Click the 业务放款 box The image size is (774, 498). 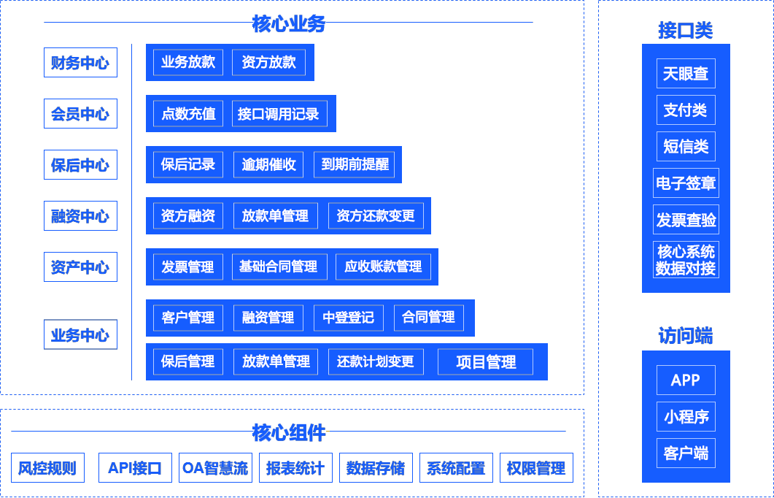188,63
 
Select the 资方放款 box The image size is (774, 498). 268,63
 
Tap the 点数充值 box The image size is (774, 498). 188,114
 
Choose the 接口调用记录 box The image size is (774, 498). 279,114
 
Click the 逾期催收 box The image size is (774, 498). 268,165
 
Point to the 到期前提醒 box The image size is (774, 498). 355,165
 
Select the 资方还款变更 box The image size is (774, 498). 376,216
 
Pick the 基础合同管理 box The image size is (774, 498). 279,267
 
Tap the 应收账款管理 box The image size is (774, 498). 383,267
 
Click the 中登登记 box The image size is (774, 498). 348,318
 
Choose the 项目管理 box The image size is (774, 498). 485,362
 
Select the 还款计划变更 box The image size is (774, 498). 376,362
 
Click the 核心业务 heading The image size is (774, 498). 289,24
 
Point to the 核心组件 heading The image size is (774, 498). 289,433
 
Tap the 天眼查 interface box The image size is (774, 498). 686,74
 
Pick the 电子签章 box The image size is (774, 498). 686,183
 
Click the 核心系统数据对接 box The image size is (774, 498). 686,260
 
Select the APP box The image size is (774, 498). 686,380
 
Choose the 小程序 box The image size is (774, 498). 686,417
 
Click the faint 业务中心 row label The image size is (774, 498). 80,335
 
